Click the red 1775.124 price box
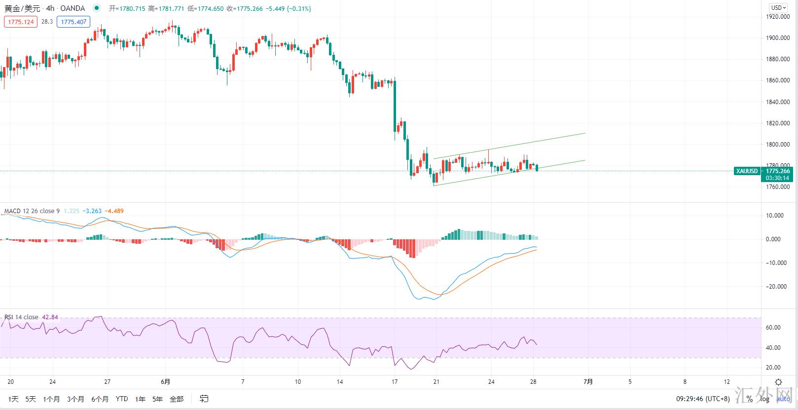[x=21, y=22]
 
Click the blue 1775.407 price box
[x=73, y=22]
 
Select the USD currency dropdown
[x=779, y=7]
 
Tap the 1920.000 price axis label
[x=778, y=17]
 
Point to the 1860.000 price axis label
[x=778, y=80]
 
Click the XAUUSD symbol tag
[x=747, y=171]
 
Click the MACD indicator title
[x=32, y=211]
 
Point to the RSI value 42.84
[x=50, y=317]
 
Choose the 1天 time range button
[x=13, y=399]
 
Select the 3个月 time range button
[x=75, y=399]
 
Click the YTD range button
[x=121, y=399]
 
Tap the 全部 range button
[x=176, y=399]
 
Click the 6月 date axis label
[x=166, y=381]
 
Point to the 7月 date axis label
[x=588, y=381]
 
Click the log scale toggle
[x=764, y=399]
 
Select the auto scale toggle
[x=783, y=399]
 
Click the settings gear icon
[x=778, y=382]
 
